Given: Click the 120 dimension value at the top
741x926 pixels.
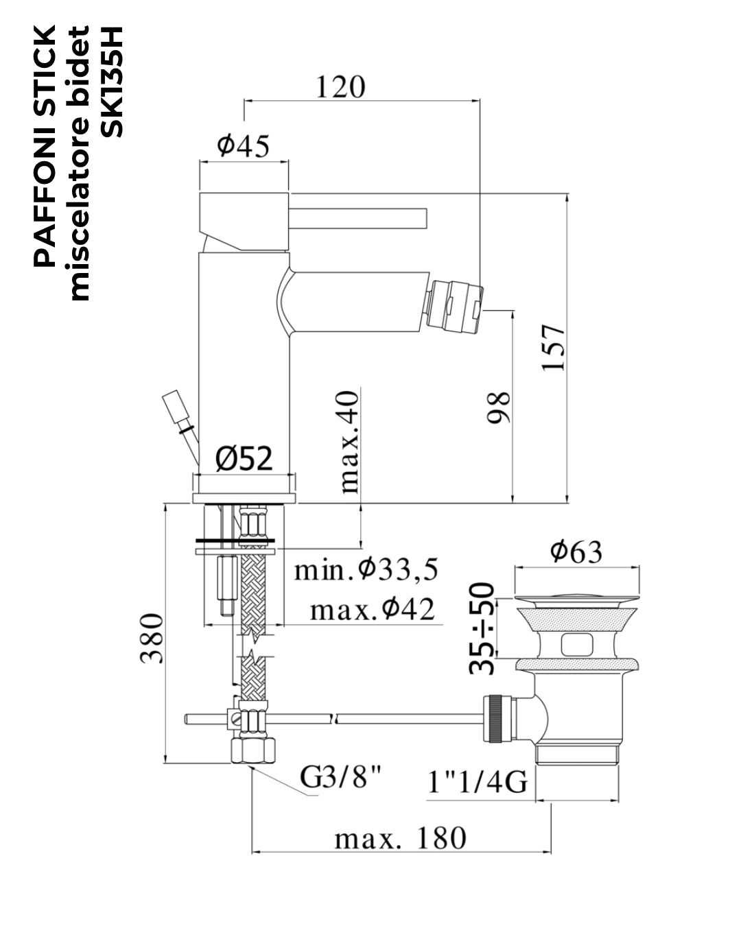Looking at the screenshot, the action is coord(340,87).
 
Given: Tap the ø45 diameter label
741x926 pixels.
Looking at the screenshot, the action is coord(244,146).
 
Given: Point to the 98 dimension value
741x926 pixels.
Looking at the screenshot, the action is coord(498,407).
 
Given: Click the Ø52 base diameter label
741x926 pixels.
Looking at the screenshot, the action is coord(244,458).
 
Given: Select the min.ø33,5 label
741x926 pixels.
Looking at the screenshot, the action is coord(366,570).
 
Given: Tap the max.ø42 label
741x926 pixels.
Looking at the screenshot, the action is coord(373,610).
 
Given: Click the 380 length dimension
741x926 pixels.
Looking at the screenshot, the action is coord(152,638).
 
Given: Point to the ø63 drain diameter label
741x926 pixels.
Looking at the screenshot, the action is coord(576,551).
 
